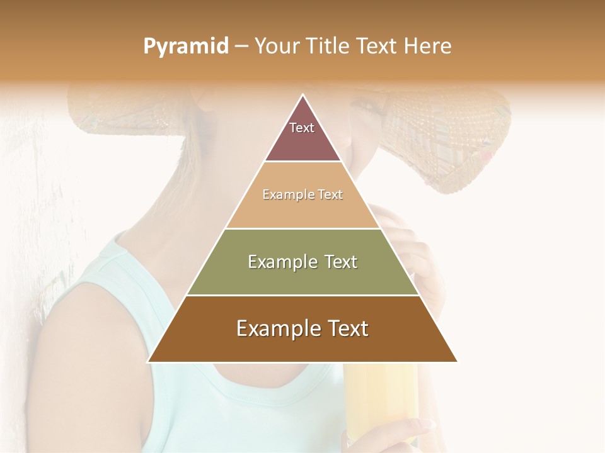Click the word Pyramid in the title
point(185,47)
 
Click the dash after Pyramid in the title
point(241,47)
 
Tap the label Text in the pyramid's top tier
point(302,128)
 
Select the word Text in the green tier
point(341,262)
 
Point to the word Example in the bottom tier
point(279,328)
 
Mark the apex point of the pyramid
point(303,96)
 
